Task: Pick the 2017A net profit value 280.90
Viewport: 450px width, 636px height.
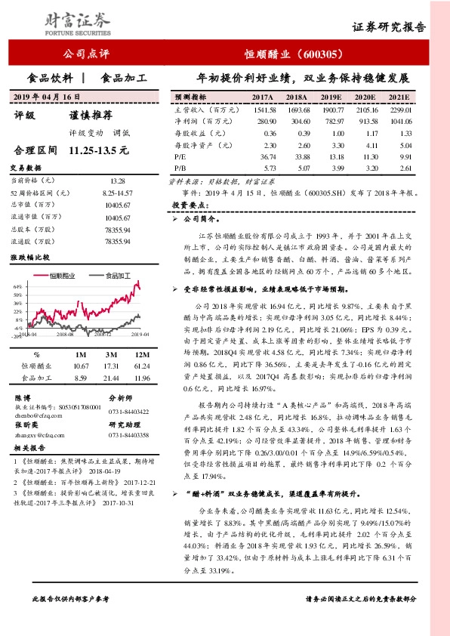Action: click(267, 121)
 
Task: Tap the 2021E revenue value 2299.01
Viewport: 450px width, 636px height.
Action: click(399, 110)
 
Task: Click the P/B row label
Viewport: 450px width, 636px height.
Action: click(180, 166)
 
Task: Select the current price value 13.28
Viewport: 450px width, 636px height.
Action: click(117, 181)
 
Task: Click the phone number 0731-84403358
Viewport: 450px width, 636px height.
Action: click(129, 435)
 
